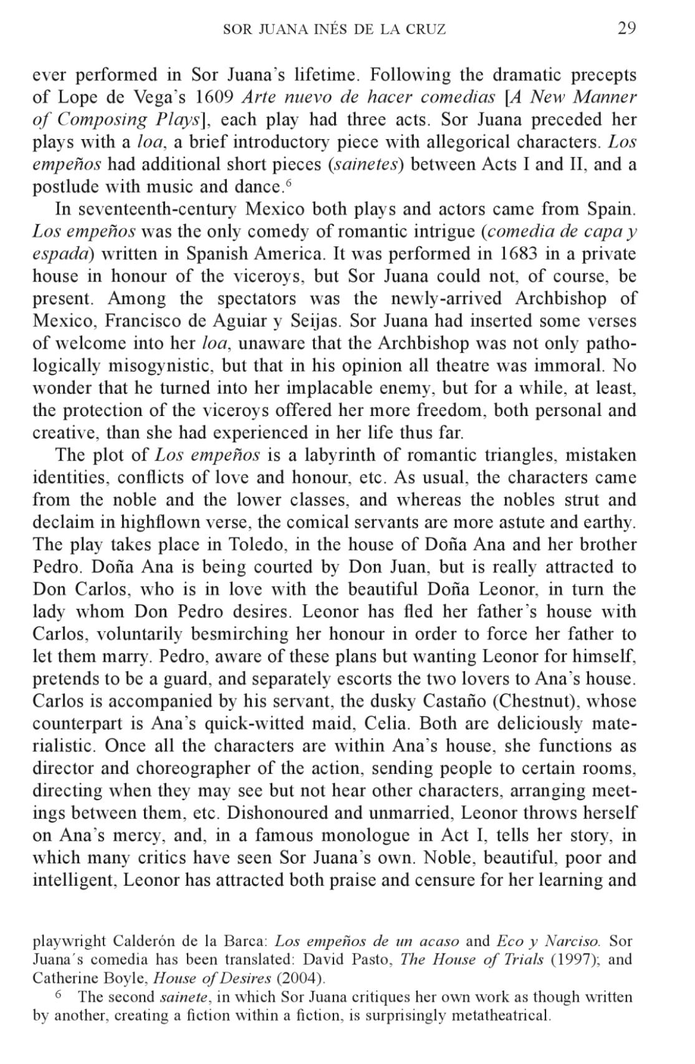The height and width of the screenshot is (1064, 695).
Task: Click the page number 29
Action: click(x=626, y=29)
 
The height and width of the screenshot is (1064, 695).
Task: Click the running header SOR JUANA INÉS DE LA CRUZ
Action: click(x=335, y=29)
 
